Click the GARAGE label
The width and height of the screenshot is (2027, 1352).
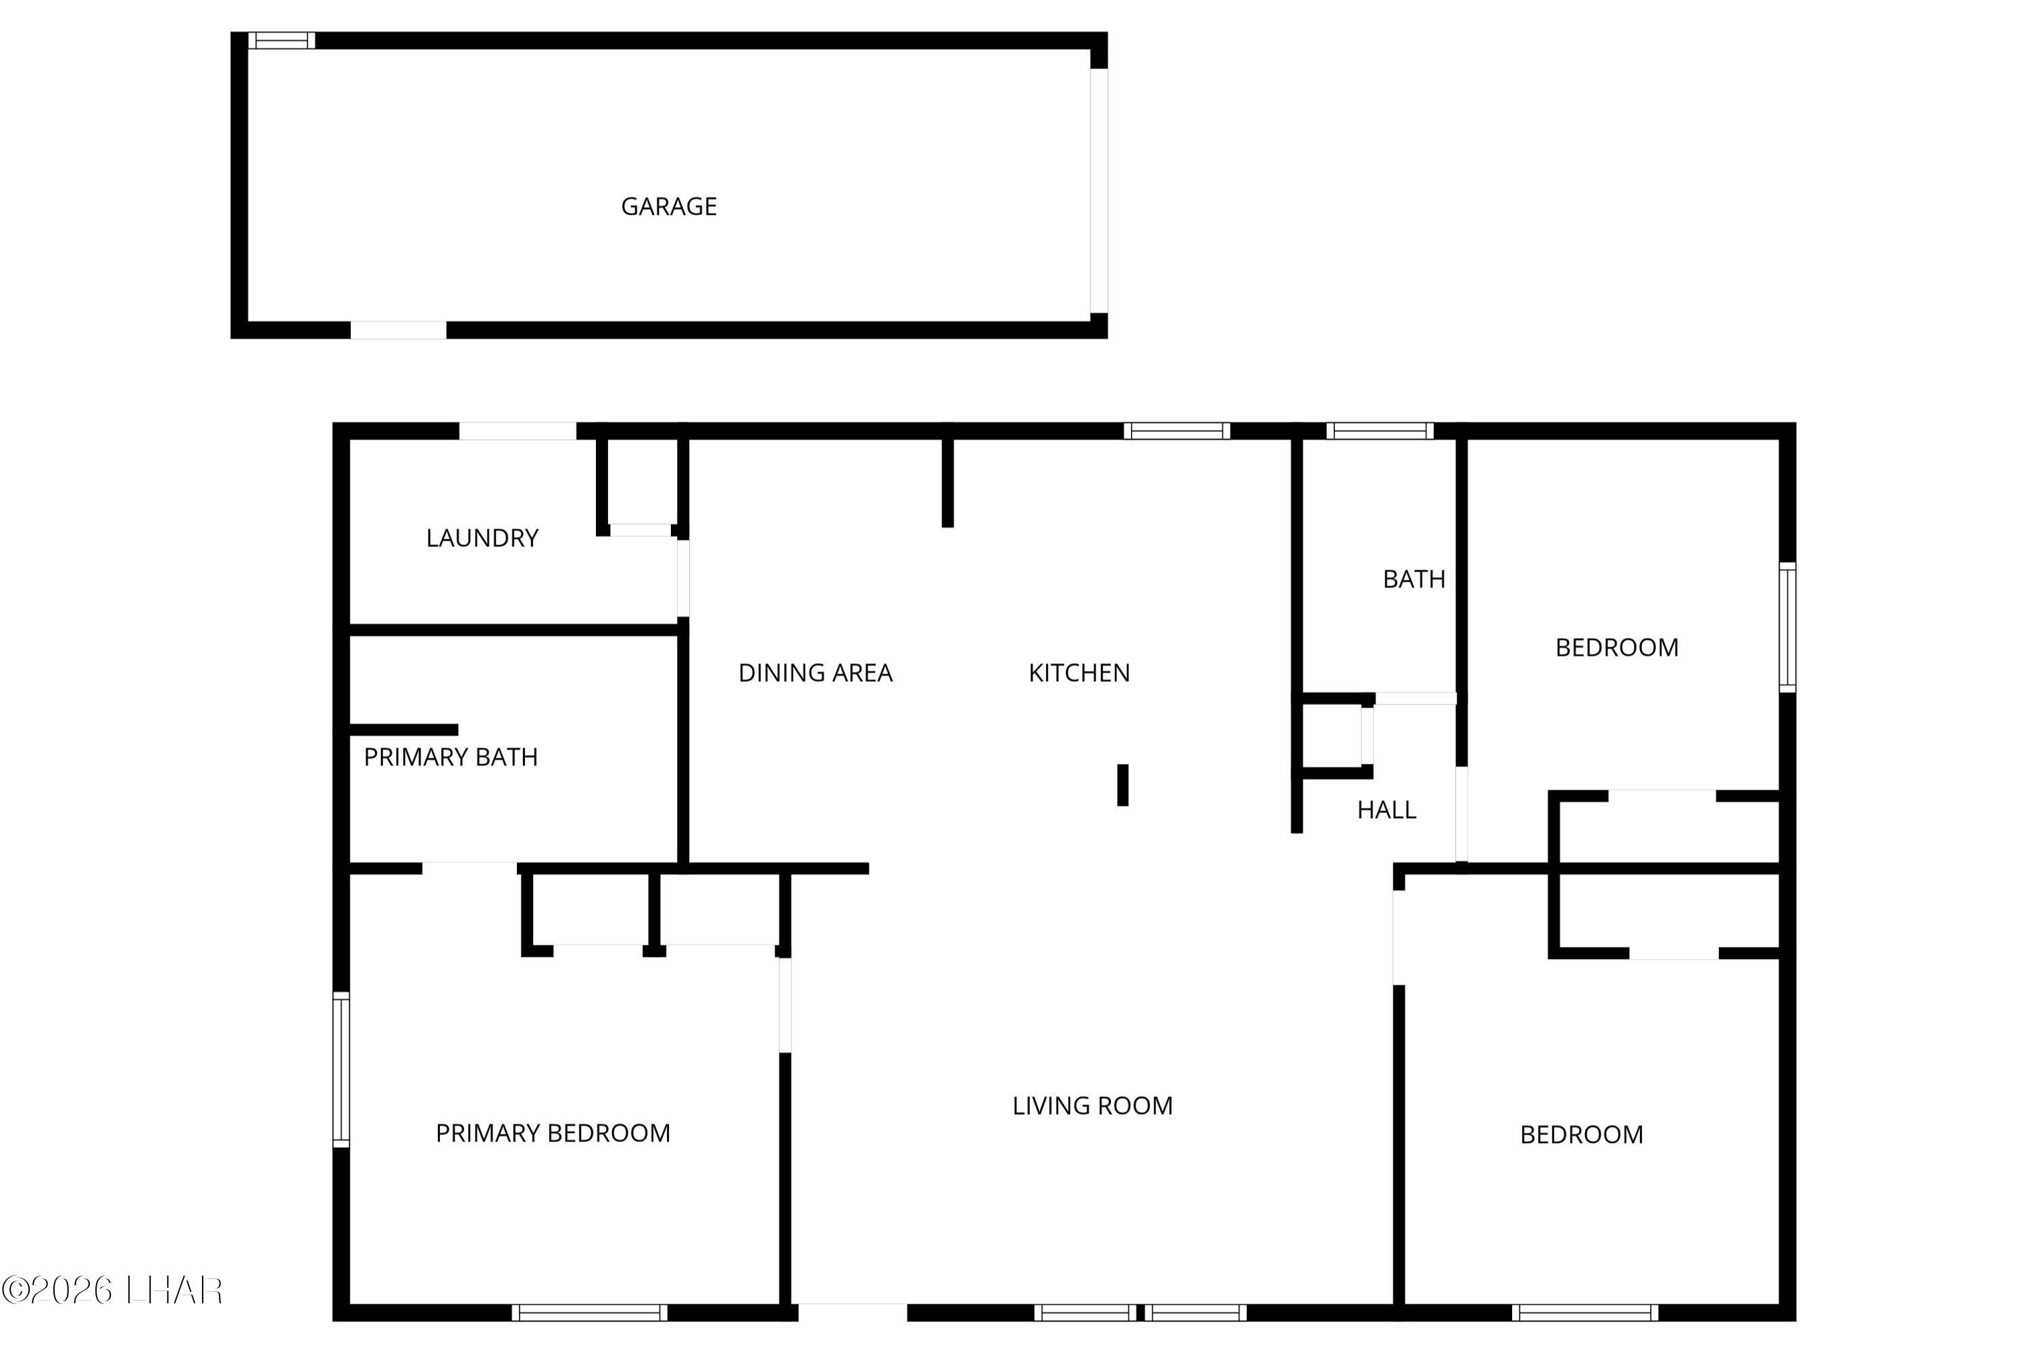(x=669, y=207)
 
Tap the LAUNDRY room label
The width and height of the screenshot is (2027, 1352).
(x=482, y=539)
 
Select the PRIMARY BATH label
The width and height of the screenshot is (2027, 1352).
(x=451, y=757)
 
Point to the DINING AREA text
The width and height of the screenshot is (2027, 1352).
(x=816, y=673)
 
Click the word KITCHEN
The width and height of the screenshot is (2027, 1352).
(x=1079, y=673)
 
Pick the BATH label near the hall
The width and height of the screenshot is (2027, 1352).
(x=1414, y=579)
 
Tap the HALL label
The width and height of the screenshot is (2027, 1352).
(x=1386, y=811)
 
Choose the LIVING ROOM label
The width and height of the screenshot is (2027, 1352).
(x=1093, y=1106)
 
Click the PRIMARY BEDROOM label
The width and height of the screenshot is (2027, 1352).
(x=553, y=1134)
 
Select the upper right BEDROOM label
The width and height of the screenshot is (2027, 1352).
(x=1617, y=648)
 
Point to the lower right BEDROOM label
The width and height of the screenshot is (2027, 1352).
(x=1582, y=1136)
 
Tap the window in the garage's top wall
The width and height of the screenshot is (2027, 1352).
(x=282, y=41)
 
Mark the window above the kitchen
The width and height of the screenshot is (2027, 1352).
(x=1176, y=431)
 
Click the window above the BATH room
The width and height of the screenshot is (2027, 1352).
(x=1380, y=431)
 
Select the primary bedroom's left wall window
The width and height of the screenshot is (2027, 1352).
(x=341, y=1069)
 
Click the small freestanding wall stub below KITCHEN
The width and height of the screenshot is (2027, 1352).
(x=1123, y=786)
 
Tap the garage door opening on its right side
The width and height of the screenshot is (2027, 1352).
(x=1099, y=191)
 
